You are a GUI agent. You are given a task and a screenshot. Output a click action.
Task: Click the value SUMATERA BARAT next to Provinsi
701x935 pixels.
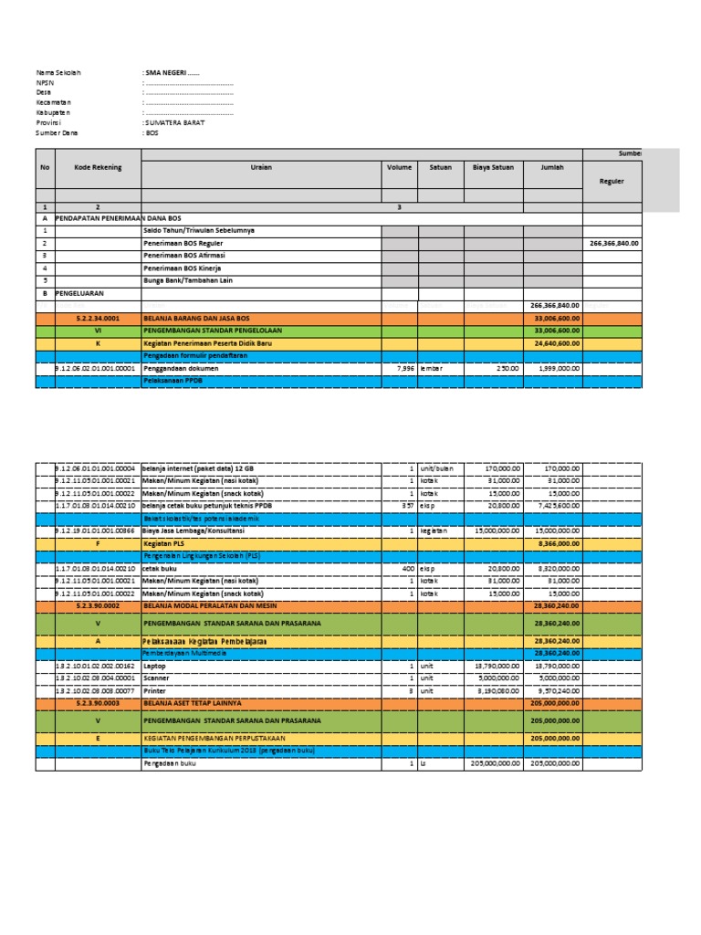[x=174, y=121]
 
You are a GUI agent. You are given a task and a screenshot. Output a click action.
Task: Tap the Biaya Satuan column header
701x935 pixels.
[x=493, y=168]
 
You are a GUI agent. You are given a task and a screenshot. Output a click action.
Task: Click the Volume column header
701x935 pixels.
[x=399, y=168]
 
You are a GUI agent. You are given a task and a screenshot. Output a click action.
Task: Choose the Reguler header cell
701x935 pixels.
[x=611, y=182]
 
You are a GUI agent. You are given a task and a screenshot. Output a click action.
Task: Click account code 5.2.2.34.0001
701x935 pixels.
[x=98, y=319]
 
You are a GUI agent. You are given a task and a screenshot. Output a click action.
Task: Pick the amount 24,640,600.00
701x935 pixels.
[x=554, y=343]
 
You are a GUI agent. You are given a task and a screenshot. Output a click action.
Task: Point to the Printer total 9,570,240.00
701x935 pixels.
[x=555, y=691]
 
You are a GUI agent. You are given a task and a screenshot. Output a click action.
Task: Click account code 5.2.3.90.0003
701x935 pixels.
[x=98, y=703]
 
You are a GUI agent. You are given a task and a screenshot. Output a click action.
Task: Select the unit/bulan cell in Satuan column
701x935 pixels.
[x=440, y=469]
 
